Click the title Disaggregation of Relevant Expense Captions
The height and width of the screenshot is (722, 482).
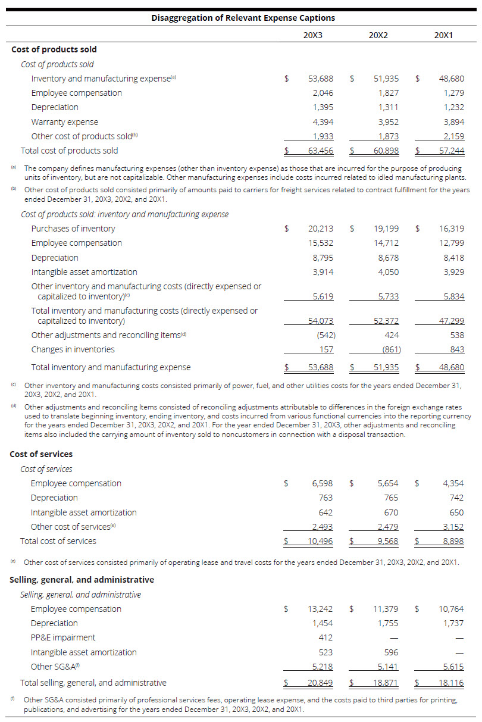click(x=243, y=18)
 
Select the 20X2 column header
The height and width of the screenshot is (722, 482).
click(x=378, y=35)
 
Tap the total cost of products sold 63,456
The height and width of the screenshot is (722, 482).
click(x=321, y=151)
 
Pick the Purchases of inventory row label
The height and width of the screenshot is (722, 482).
click(x=73, y=229)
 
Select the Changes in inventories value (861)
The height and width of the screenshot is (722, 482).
click(x=389, y=349)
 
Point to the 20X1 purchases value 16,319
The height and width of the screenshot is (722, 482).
click(x=452, y=229)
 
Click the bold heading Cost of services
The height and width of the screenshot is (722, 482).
click(x=41, y=454)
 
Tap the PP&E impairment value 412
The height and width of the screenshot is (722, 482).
click(x=325, y=637)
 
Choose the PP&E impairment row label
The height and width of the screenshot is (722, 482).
click(x=63, y=637)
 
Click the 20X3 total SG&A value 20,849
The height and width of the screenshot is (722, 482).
click(x=321, y=683)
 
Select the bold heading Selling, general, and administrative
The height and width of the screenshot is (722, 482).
click(x=82, y=580)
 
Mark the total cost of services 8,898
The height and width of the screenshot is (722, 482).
click(x=452, y=541)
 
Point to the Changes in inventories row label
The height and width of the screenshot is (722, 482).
click(x=73, y=349)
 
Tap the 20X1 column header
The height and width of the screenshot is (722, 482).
click(x=444, y=35)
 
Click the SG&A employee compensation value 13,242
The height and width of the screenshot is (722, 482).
click(x=321, y=609)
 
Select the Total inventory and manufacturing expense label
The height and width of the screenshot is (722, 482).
click(x=111, y=367)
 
